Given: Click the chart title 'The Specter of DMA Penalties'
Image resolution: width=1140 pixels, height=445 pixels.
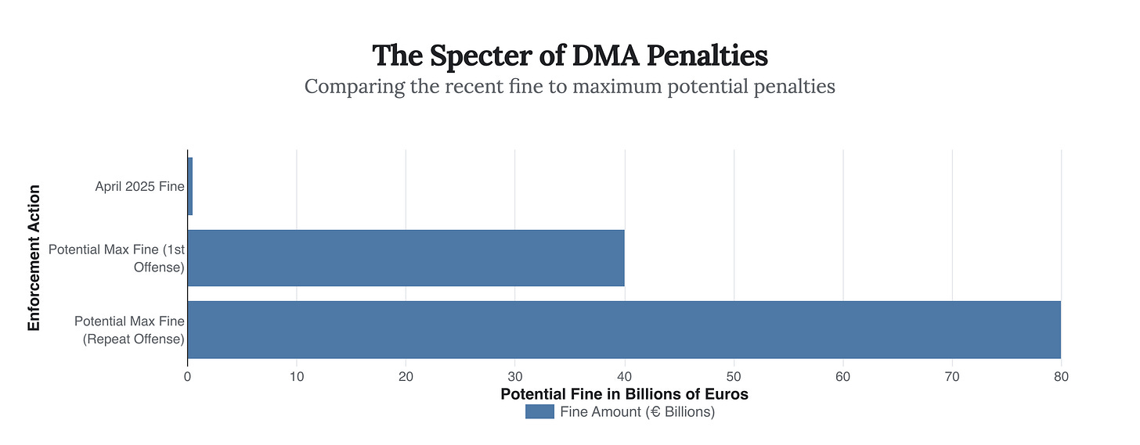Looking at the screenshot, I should tap(569, 56).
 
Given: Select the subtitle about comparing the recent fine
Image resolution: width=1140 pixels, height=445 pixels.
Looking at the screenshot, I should tap(569, 86).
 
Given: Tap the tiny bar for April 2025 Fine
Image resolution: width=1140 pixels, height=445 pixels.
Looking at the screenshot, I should tap(189, 186).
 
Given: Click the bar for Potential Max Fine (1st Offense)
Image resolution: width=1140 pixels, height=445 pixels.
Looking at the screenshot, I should tap(406, 258).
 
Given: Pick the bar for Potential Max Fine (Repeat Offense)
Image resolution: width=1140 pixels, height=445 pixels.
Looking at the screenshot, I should tap(624, 329).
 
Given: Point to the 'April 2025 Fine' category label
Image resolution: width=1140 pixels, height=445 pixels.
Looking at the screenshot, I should tap(139, 186).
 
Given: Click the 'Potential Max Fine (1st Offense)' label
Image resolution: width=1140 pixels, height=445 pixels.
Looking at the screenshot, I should tap(116, 258).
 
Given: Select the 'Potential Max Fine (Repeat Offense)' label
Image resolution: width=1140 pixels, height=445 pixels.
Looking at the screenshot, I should tap(129, 330).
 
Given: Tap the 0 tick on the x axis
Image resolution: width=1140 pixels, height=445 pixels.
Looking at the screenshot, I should tap(188, 376).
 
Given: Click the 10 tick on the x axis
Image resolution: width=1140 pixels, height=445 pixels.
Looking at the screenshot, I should tap(297, 376).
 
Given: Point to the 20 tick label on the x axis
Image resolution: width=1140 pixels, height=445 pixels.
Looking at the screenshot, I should tap(406, 376).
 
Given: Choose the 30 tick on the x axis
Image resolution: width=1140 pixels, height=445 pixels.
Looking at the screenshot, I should tap(515, 376).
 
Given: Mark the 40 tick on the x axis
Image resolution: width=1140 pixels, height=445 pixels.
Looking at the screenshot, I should tap(624, 376).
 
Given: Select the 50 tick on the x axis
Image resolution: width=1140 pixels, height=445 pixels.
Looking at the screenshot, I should tap(734, 376).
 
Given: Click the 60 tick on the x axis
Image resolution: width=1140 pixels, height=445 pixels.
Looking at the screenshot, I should tap(842, 376).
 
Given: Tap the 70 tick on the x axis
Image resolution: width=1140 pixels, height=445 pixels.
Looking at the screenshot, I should tap(952, 376).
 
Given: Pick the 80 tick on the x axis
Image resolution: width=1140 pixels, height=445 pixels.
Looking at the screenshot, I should tap(1061, 376).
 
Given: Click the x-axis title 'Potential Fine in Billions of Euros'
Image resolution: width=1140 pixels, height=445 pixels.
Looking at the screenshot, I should tap(624, 394).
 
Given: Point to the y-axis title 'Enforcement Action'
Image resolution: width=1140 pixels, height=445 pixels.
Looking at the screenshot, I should tap(34, 258).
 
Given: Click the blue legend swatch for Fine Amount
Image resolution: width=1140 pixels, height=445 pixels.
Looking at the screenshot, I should tap(539, 412).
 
